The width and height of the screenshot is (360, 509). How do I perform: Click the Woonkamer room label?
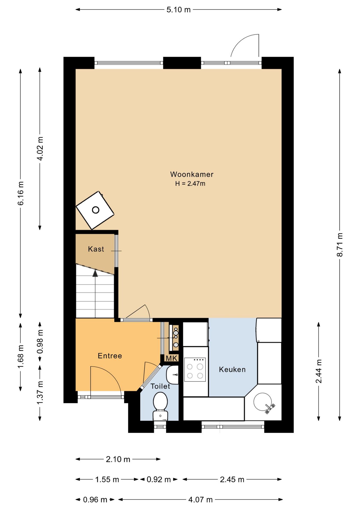(192, 174)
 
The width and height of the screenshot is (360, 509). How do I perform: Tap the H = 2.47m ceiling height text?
(190, 183)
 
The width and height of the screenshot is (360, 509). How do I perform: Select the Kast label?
(96, 249)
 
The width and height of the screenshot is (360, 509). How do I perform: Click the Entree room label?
(110, 356)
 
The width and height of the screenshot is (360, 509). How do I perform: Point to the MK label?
(172, 358)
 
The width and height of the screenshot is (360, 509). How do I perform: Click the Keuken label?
(232, 370)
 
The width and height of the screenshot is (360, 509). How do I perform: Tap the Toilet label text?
(160, 386)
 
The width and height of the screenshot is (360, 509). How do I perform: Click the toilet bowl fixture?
(160, 406)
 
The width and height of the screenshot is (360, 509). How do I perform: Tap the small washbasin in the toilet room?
(172, 375)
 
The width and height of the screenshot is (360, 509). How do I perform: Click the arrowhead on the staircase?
(95, 273)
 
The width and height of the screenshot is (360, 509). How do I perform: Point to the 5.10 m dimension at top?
(178, 10)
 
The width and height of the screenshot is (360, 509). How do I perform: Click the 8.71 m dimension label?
(340, 244)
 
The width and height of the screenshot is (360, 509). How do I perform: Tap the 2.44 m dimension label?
(319, 371)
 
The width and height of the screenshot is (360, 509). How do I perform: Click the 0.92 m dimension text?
(159, 479)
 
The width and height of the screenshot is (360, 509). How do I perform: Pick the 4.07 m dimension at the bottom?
(200, 500)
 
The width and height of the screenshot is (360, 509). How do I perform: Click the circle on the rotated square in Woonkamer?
(95, 210)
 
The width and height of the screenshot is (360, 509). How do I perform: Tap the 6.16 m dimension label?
(21, 193)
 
